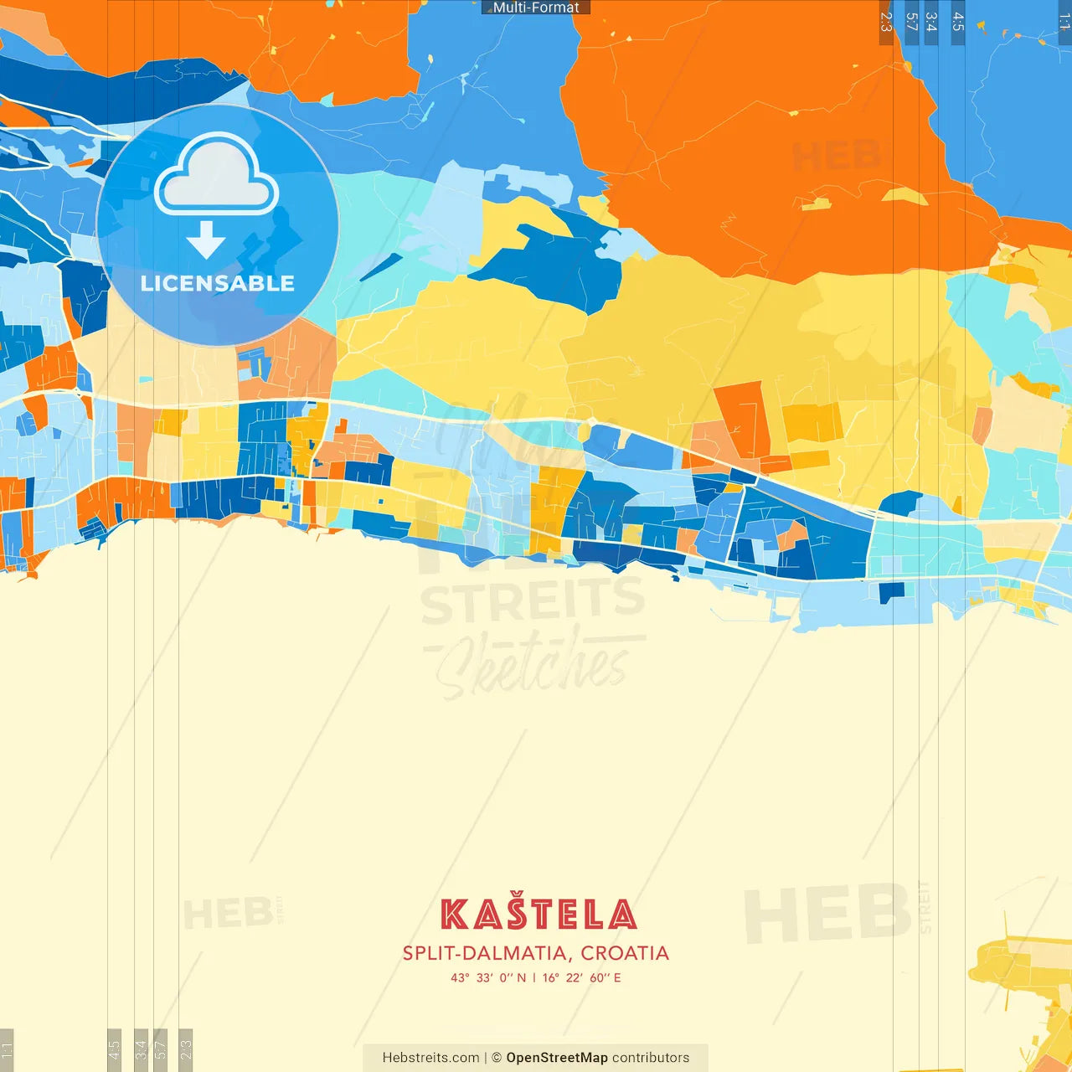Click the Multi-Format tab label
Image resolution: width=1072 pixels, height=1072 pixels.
click(x=536, y=8)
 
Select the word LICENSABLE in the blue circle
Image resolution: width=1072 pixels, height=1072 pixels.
click(x=217, y=283)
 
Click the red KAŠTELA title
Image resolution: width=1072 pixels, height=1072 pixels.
click(x=538, y=914)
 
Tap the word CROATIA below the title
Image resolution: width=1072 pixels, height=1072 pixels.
click(x=625, y=953)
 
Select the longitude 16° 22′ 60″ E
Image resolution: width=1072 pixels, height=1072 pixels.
click(x=582, y=977)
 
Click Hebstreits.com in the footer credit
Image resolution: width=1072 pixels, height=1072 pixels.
click(x=430, y=1058)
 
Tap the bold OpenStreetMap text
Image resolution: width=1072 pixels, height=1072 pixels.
click(x=557, y=1058)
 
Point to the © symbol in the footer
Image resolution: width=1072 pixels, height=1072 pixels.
click(x=497, y=1058)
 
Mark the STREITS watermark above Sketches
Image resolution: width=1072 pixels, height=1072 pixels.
click(x=533, y=601)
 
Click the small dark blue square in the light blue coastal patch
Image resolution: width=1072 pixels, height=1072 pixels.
click(x=891, y=591)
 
